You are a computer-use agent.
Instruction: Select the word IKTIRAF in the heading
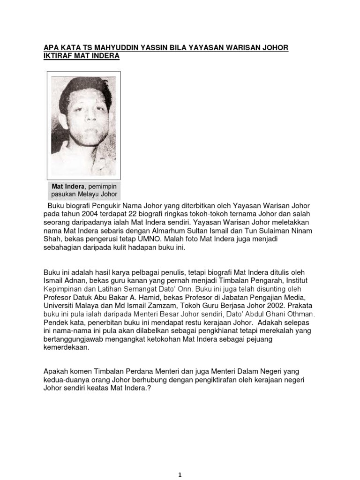pos(60,56)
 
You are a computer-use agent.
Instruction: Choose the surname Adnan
pos(75,280)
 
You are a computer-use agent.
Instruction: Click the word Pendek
pos(56,323)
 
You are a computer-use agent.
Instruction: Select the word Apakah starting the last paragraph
pos(57,372)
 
